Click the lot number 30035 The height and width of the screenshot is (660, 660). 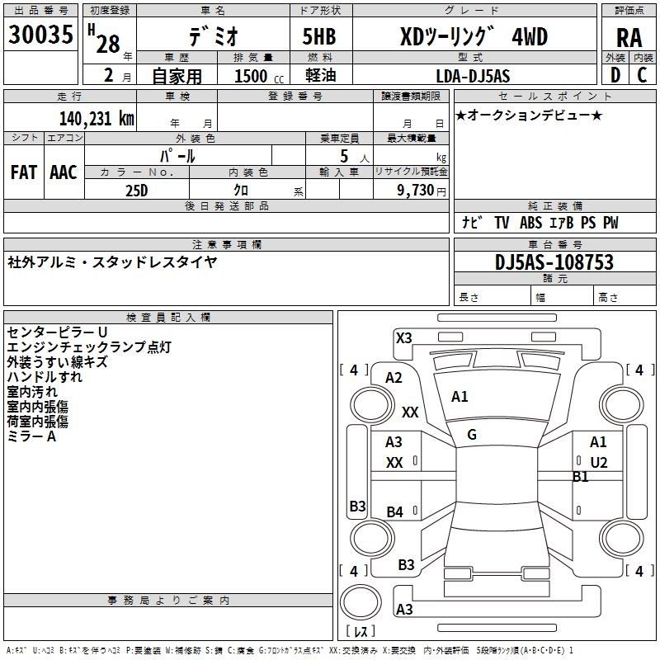click(40, 35)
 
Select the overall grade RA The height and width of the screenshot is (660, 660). click(629, 38)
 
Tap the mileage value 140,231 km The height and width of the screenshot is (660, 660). click(97, 119)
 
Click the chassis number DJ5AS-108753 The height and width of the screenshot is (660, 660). click(554, 262)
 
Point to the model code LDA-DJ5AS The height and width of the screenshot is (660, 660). click(473, 76)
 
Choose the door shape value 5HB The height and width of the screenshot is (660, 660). click(319, 36)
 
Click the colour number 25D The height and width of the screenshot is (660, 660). click(137, 191)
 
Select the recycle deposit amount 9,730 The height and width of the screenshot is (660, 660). click(416, 191)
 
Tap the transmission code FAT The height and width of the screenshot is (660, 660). click(24, 172)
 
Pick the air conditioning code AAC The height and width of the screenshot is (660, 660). click(64, 172)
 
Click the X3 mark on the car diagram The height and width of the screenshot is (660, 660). click(403, 338)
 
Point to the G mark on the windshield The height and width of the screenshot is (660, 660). click(472, 435)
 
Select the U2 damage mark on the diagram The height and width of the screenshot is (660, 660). click(599, 463)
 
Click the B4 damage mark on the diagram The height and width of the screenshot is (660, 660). click(395, 511)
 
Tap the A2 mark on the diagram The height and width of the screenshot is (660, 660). click(394, 378)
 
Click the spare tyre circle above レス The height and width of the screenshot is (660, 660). click(361, 602)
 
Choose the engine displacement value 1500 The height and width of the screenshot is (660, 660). click(251, 76)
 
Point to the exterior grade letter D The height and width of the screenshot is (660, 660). click(615, 75)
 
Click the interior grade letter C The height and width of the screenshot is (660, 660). click(642, 75)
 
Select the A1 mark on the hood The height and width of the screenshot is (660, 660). click(460, 397)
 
